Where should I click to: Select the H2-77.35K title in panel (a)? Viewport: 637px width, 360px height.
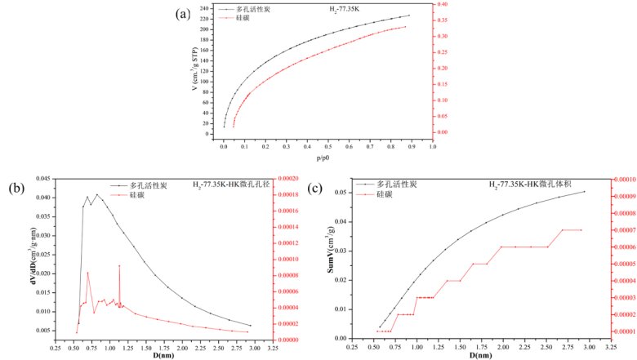pos(334,10)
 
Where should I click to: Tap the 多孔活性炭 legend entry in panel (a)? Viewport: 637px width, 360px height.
pos(252,10)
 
